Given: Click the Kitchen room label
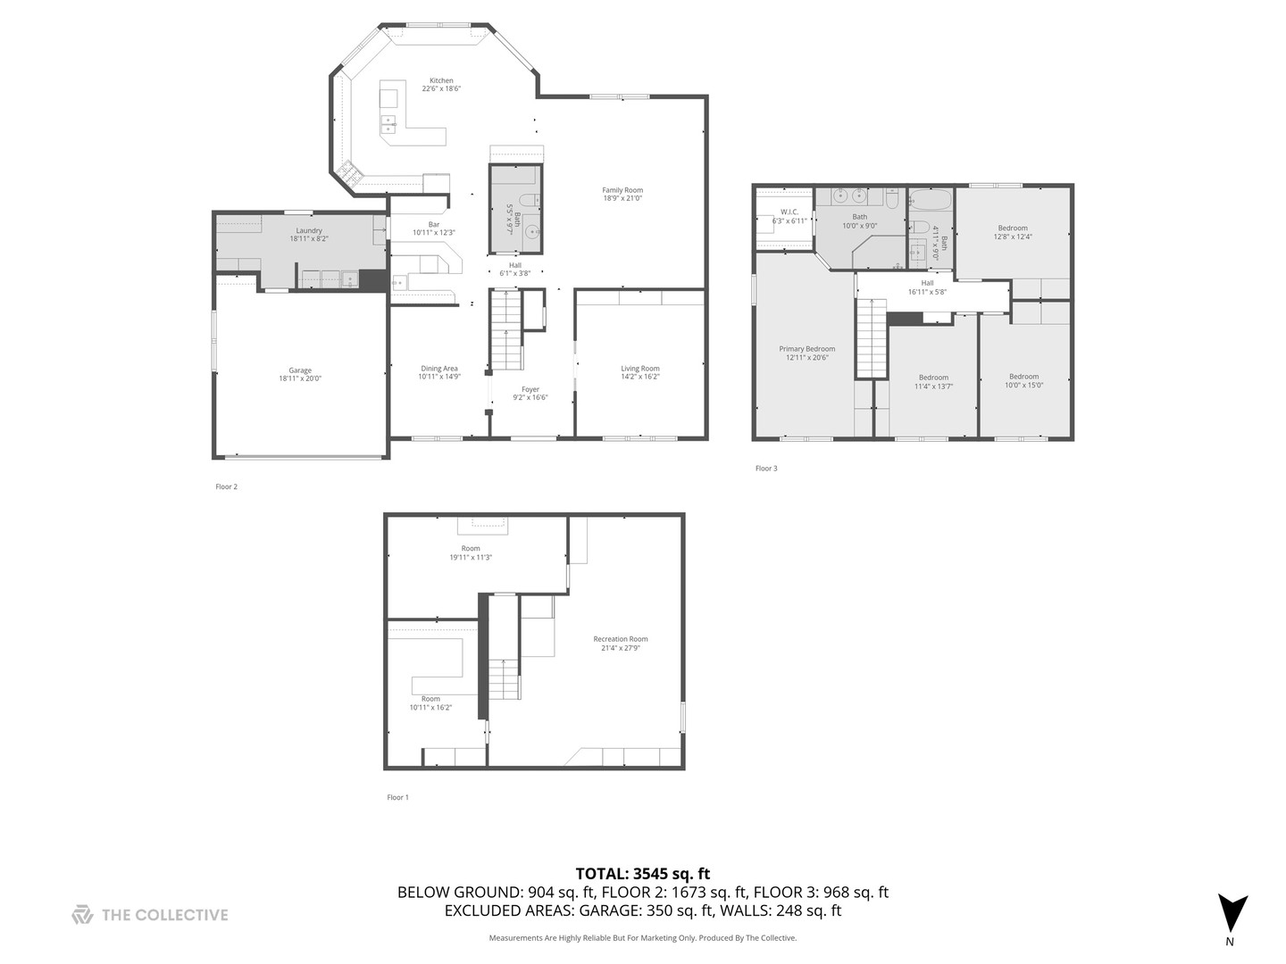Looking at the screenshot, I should (441, 80).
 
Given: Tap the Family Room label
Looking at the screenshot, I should (622, 190).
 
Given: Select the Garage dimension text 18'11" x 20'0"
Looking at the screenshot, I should (300, 378).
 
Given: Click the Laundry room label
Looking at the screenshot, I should (309, 230).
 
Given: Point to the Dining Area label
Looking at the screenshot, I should (438, 369).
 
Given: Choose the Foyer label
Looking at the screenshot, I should (530, 389).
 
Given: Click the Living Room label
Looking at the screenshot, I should (640, 369).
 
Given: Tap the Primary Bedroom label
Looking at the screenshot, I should (806, 349).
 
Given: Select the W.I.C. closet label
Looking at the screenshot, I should (789, 212).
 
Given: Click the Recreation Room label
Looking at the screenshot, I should (621, 639).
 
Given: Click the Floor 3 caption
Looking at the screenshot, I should (766, 469).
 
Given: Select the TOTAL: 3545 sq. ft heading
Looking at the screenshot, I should (642, 874).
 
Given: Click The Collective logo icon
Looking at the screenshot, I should (82, 915).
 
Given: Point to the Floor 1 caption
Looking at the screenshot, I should (397, 798).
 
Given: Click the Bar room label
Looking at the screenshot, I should (434, 224).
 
